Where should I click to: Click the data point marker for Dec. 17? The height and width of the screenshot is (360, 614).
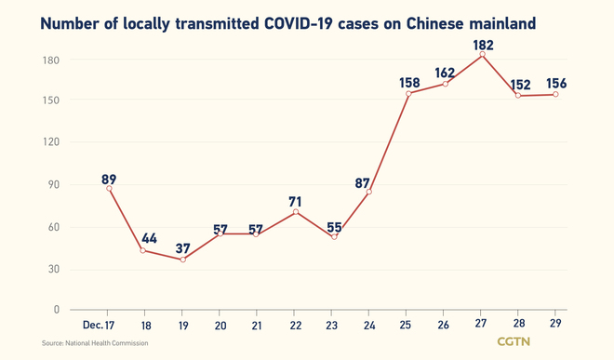pyautogui.click(x=110, y=188)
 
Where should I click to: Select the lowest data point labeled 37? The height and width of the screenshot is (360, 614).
pyautogui.click(x=182, y=260)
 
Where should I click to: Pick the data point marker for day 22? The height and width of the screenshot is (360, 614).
pyautogui.click(x=295, y=212)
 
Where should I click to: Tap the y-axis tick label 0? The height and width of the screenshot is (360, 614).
pyautogui.click(x=56, y=309)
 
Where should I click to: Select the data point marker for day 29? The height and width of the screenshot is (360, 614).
pyautogui.click(x=555, y=94)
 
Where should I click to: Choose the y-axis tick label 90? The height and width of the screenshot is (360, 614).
pyautogui.click(x=52, y=184)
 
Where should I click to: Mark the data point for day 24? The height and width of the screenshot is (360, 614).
pyautogui.click(x=369, y=192)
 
